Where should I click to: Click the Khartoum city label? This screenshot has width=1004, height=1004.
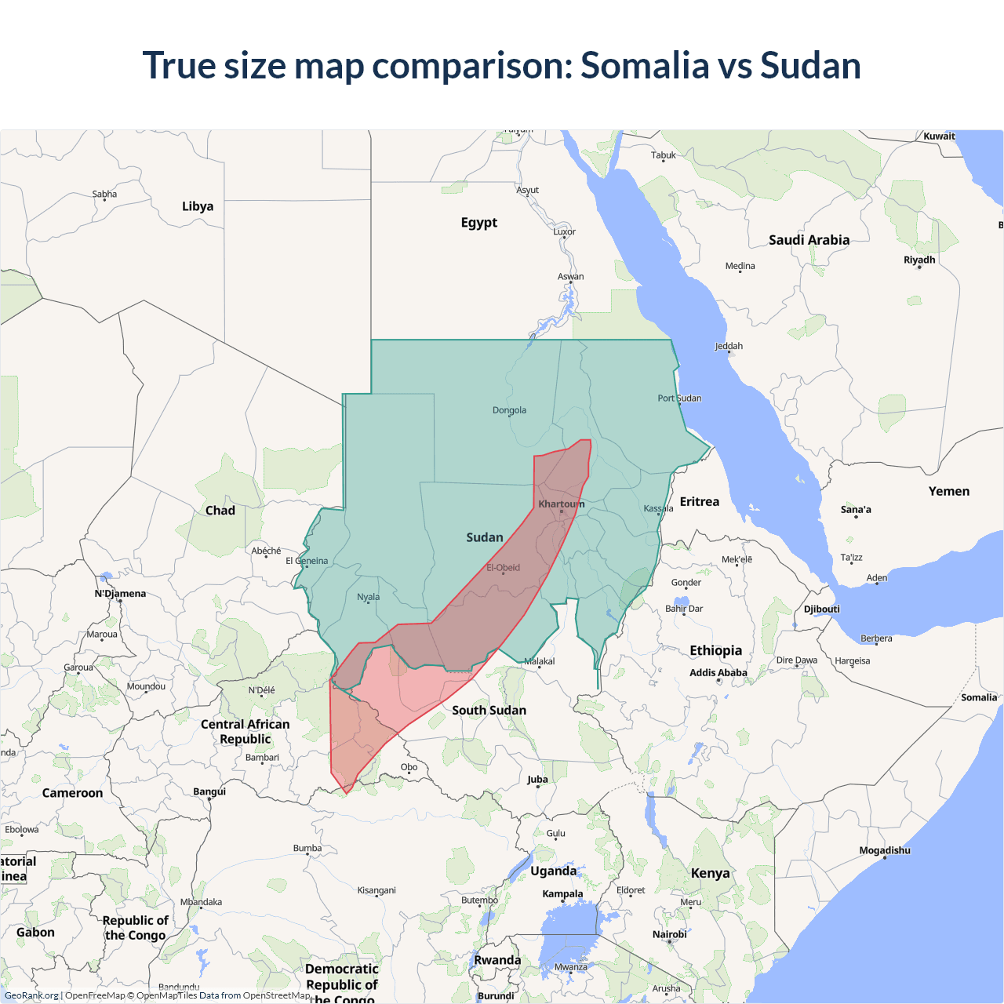561,504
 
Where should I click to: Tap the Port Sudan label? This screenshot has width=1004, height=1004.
679,398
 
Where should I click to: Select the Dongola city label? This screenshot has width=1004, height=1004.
509,410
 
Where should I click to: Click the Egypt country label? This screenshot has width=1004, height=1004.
478,223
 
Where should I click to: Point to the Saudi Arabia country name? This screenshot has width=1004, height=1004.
809,240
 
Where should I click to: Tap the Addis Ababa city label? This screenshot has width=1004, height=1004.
718,672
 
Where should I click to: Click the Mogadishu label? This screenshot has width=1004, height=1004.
885,850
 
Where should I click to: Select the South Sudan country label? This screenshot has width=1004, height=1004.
489,710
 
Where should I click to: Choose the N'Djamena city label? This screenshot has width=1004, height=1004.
120,594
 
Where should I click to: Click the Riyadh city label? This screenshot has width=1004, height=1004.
919,260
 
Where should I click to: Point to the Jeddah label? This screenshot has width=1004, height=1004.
729,346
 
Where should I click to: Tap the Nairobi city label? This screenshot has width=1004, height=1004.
669,934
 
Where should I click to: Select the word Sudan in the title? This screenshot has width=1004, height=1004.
810,65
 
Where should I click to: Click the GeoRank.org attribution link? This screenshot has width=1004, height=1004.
31,995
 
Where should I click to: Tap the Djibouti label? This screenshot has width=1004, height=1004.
821,609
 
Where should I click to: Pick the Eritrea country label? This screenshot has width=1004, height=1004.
699,502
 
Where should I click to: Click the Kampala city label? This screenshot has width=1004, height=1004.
562,893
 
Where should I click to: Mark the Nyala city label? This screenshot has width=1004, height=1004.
368,597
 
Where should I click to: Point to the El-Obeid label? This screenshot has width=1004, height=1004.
503,568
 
